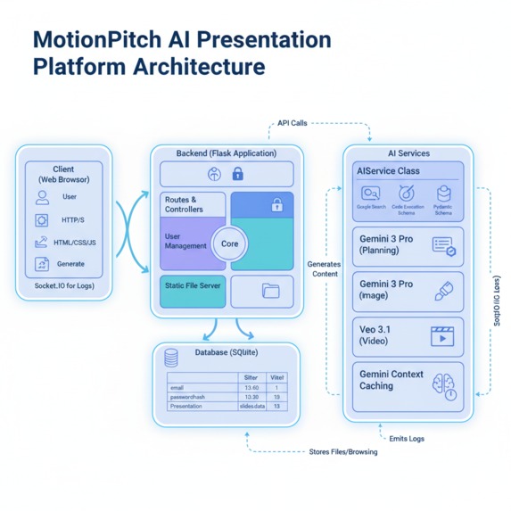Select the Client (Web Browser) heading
pyautogui.click(x=63, y=173)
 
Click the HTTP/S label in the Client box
pyautogui.click(x=73, y=220)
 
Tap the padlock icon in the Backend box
pyautogui.click(x=276, y=204)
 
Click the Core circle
pyautogui.click(x=230, y=243)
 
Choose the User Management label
pyautogui.click(x=185, y=241)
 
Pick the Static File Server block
pyautogui.click(x=193, y=286)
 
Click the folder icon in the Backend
pyautogui.click(x=271, y=291)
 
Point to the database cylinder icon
pyautogui.click(x=171, y=358)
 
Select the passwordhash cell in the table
pyautogui.click(x=190, y=397)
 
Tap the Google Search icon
pyautogui.click(x=370, y=194)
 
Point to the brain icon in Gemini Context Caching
pyautogui.click(x=443, y=384)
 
